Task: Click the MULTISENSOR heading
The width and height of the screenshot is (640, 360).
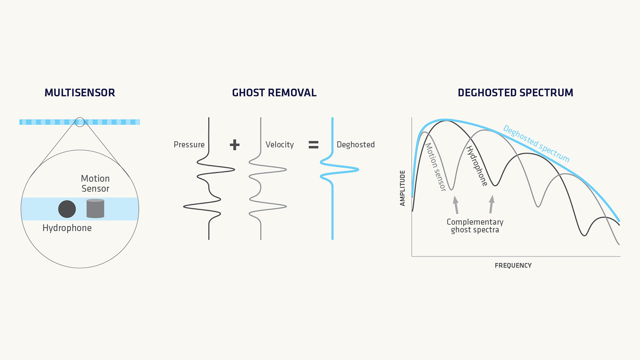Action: point(80,92)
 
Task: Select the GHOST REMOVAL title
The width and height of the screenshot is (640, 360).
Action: point(274,92)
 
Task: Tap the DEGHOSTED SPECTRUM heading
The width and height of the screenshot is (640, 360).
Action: point(515,92)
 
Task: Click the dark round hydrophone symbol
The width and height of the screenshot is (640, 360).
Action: point(67,209)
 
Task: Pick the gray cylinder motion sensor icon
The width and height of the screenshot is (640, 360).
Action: point(95,208)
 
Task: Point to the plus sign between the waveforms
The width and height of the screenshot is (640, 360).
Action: point(235,144)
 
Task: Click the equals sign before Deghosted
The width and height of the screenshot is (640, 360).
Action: point(313,144)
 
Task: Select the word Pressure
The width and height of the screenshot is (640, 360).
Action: point(189,144)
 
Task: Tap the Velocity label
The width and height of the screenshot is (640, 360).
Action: point(280,144)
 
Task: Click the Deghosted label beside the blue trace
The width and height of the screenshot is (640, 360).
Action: point(356,144)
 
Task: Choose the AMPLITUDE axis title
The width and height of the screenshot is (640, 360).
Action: point(402,188)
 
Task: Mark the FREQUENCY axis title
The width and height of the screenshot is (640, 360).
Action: point(513,265)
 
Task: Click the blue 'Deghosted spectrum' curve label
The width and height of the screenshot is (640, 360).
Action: point(536,144)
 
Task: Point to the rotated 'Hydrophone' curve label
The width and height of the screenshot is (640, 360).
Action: point(477,166)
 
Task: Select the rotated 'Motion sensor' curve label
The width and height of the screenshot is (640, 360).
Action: point(435,167)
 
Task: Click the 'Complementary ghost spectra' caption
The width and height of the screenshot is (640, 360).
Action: point(475,226)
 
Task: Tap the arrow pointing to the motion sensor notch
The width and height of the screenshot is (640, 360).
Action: point(456,205)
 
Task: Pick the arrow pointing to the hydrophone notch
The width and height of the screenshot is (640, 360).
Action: point(491,204)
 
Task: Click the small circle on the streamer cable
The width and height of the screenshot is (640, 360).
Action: point(80,122)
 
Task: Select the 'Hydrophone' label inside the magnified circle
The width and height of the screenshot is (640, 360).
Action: point(67,228)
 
